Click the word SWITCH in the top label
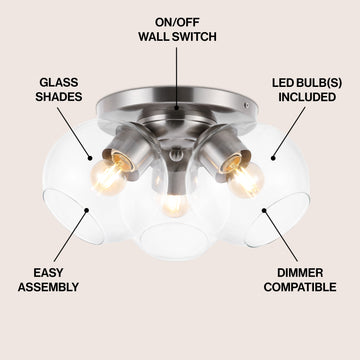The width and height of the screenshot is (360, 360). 194,36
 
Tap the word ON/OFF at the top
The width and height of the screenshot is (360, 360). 177,22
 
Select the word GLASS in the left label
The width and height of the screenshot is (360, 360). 59,83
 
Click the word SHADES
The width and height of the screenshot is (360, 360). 59,97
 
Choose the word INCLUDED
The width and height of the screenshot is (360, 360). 307,97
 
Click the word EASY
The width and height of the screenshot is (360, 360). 48,273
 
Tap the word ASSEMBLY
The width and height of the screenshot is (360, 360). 48,287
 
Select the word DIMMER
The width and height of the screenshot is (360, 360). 300,273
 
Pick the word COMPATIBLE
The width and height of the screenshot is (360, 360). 300,287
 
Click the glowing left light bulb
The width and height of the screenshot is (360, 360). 108,177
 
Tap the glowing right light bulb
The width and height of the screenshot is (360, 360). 245,180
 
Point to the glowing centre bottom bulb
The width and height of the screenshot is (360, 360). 175,205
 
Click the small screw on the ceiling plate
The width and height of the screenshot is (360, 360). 246,105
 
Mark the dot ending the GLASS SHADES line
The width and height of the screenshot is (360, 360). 90,159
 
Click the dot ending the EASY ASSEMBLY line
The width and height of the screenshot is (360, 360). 87,210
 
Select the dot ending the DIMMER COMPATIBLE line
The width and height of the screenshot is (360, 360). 264,210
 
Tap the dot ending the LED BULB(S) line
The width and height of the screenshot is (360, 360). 273,158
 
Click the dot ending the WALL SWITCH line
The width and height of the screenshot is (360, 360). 177,108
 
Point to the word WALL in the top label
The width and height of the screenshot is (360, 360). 154,36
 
